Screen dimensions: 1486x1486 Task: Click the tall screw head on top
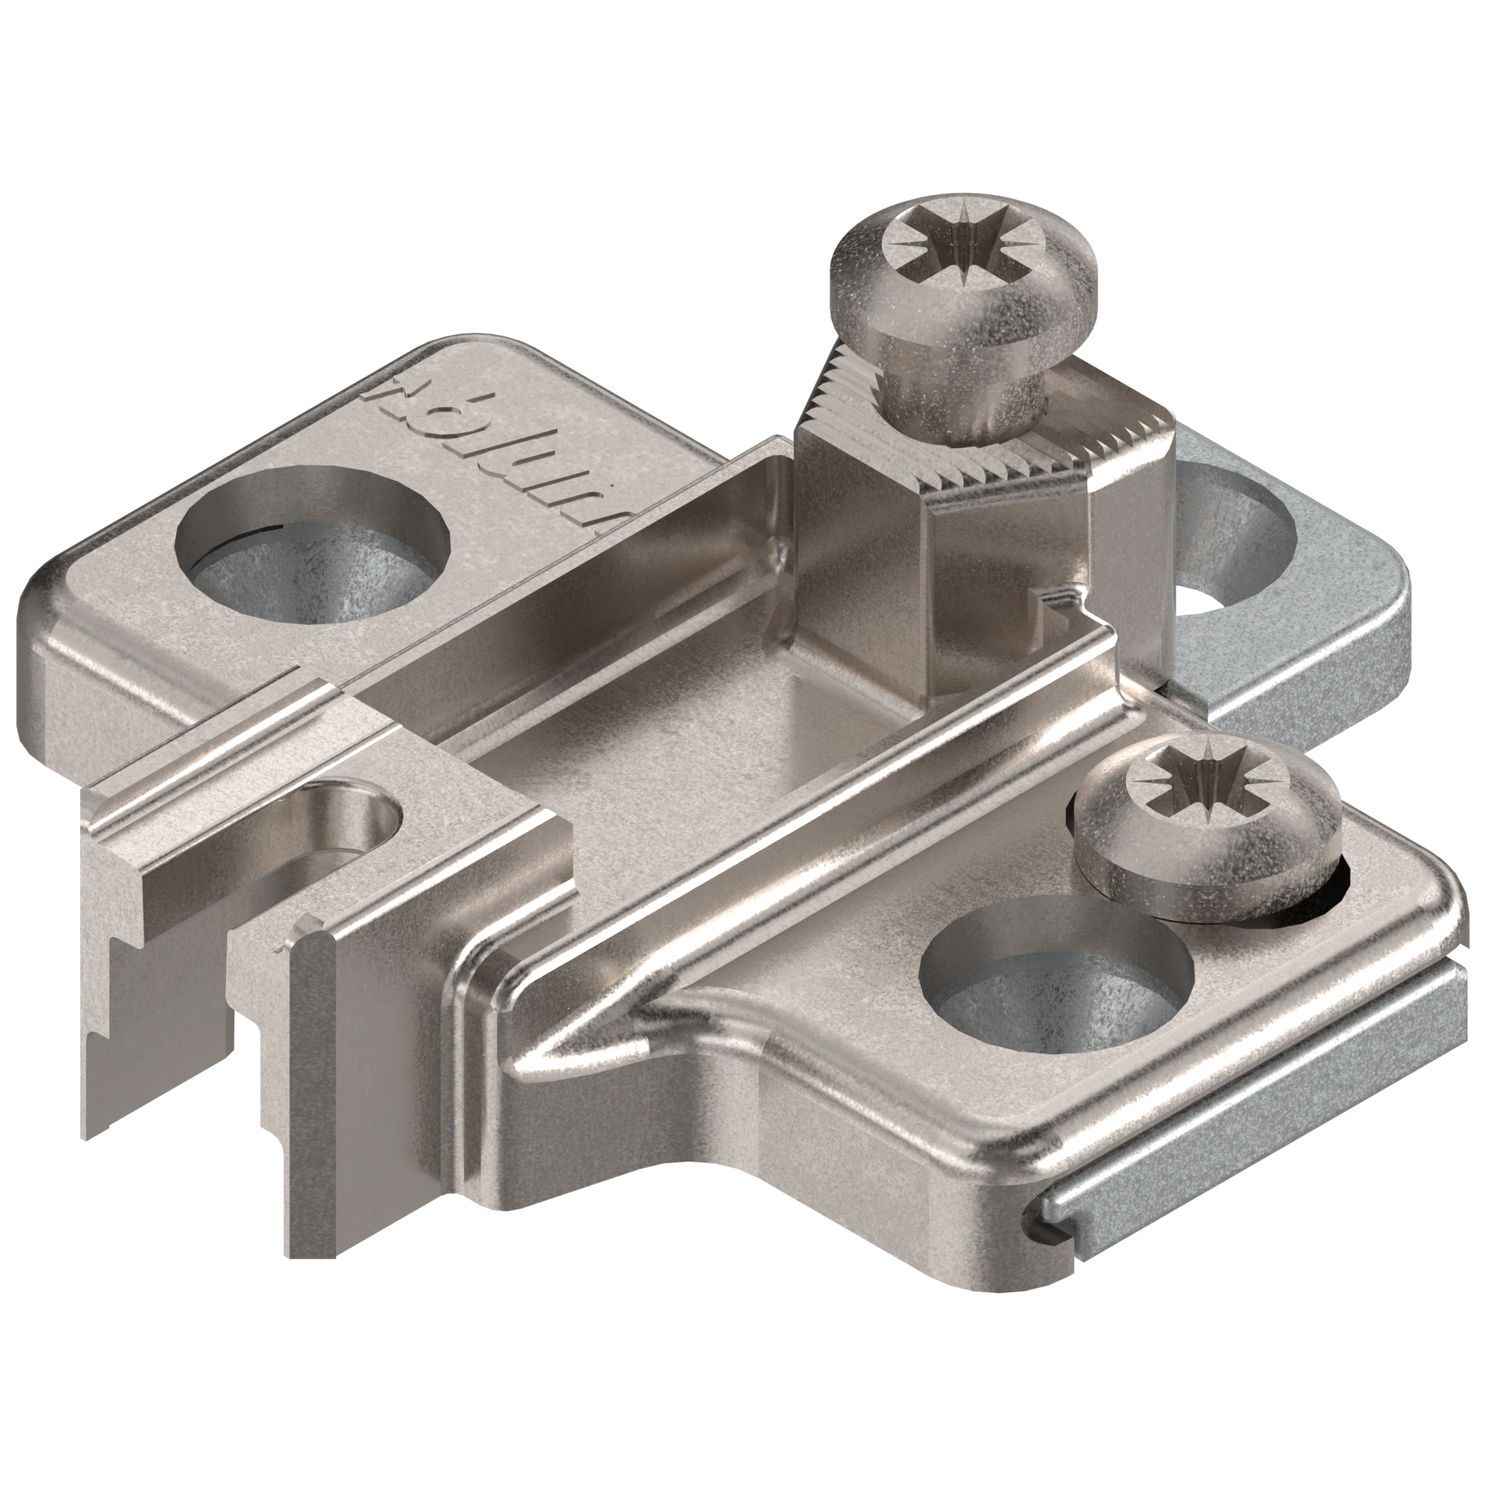(962, 272)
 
